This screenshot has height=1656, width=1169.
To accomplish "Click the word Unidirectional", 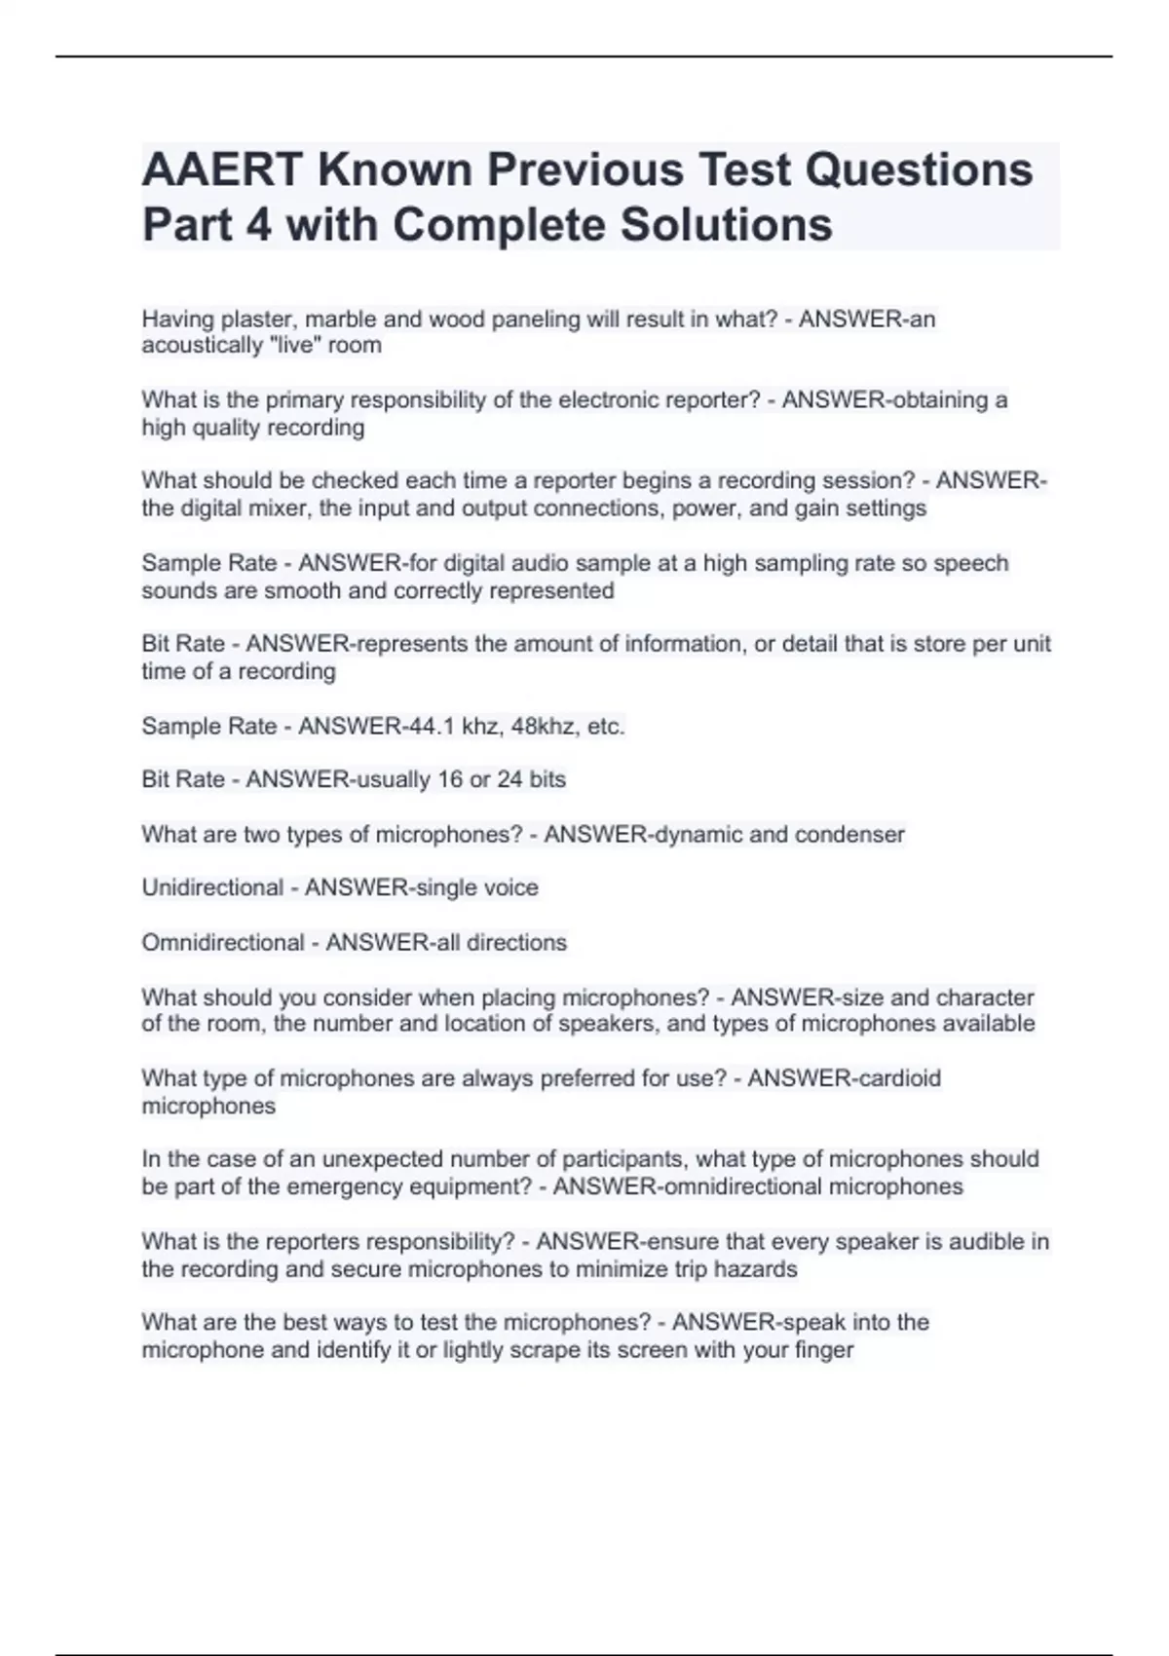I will coord(212,887).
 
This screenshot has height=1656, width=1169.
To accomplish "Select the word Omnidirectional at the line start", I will coord(223,943).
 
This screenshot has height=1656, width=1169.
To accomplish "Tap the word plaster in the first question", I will coord(256,319).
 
